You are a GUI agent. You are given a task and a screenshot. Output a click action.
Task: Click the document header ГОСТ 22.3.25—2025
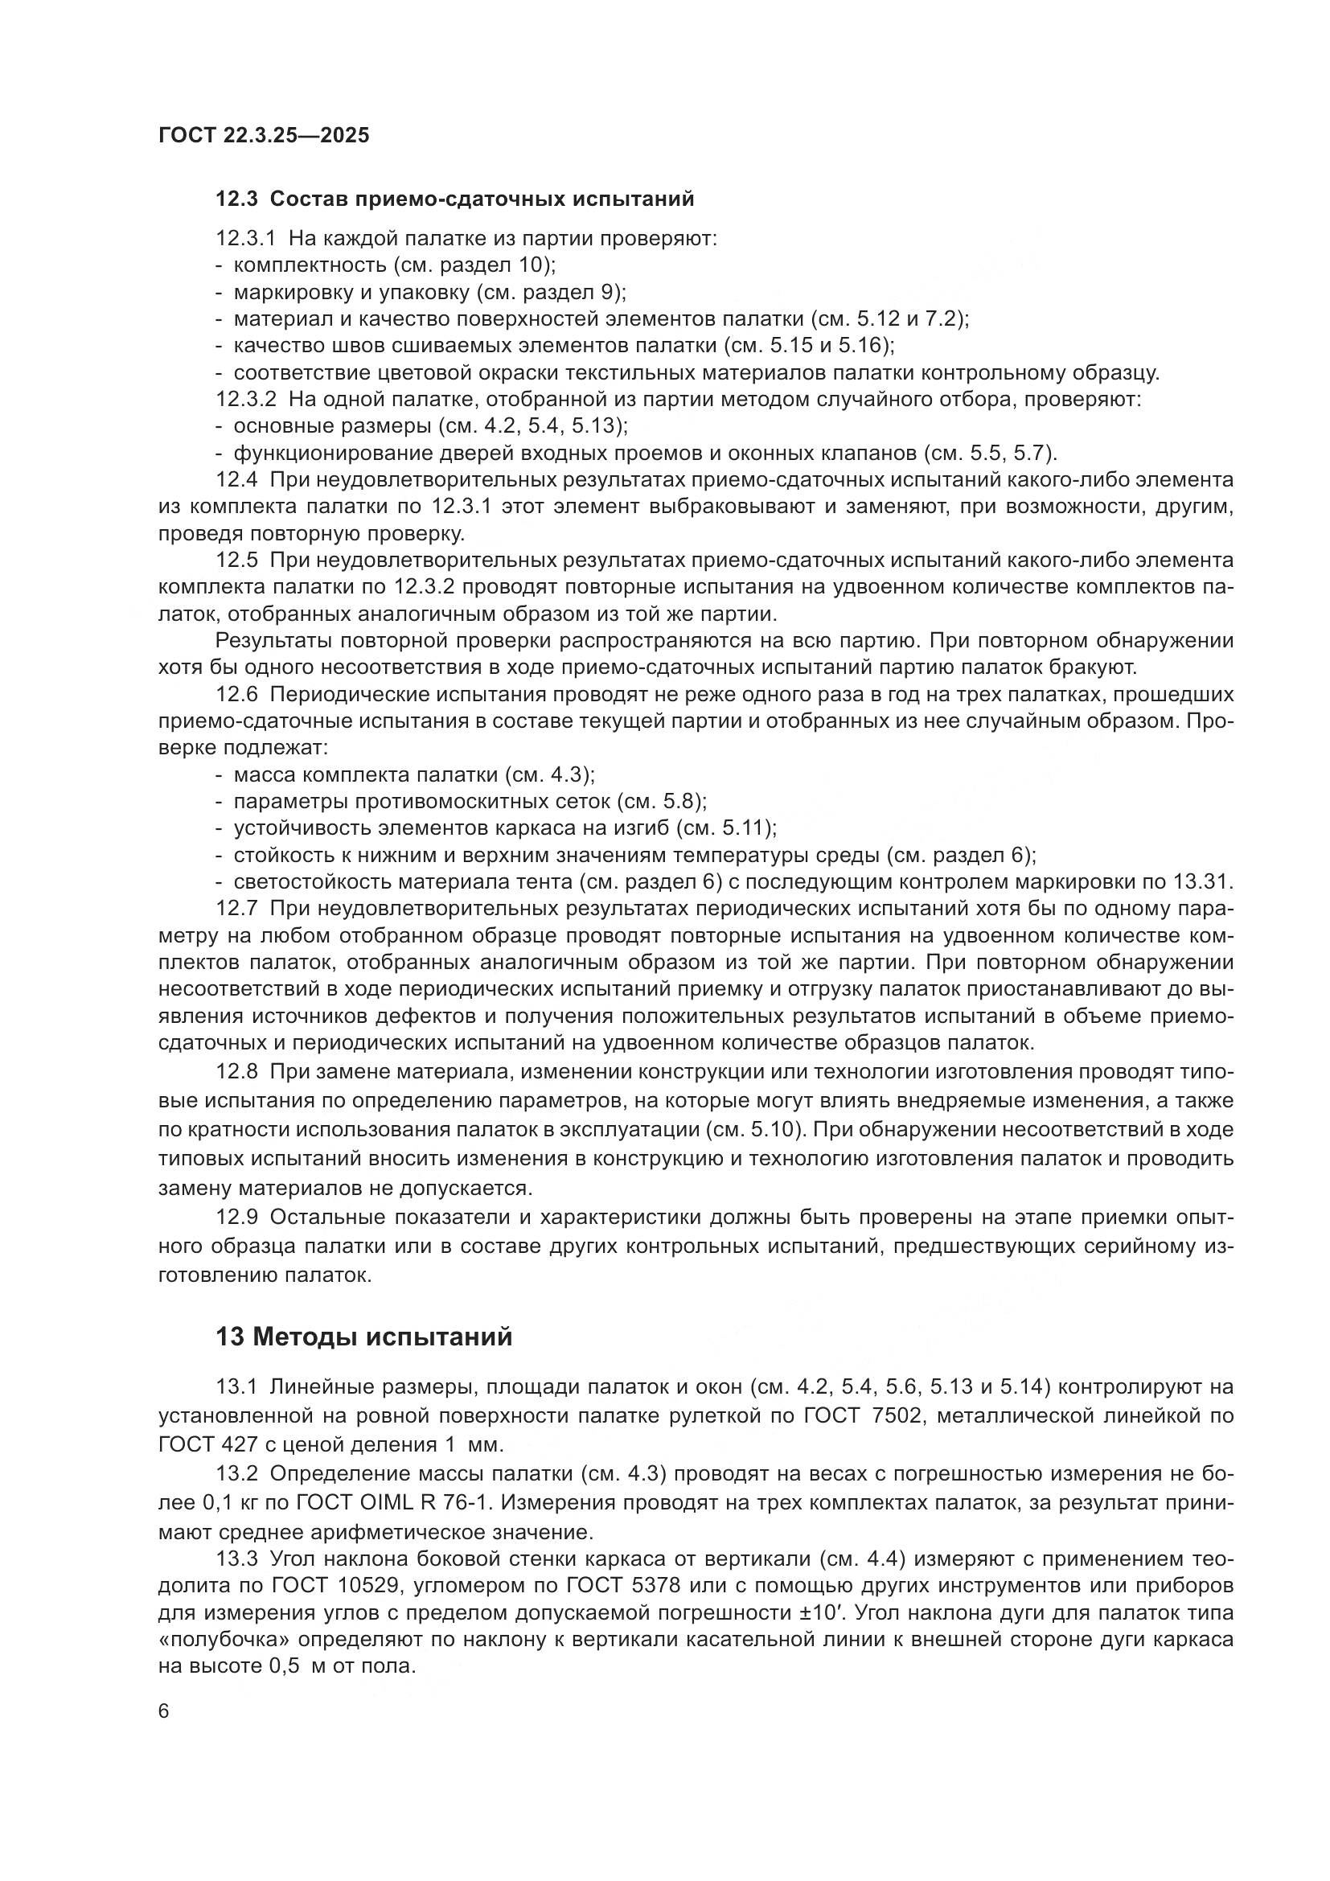pyautogui.click(x=264, y=135)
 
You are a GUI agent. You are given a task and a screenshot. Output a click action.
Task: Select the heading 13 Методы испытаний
pyautogui.click(x=363, y=1337)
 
